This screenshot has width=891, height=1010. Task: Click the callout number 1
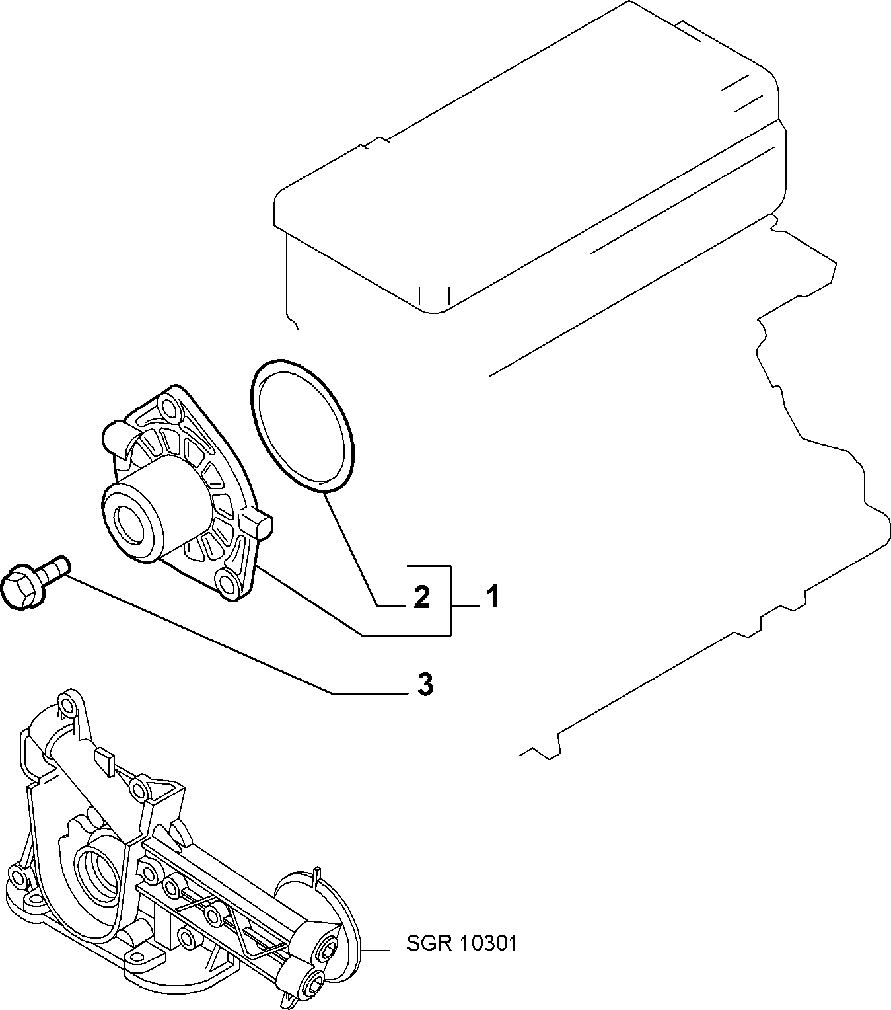(492, 597)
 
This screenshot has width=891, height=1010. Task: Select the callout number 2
(421, 598)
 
